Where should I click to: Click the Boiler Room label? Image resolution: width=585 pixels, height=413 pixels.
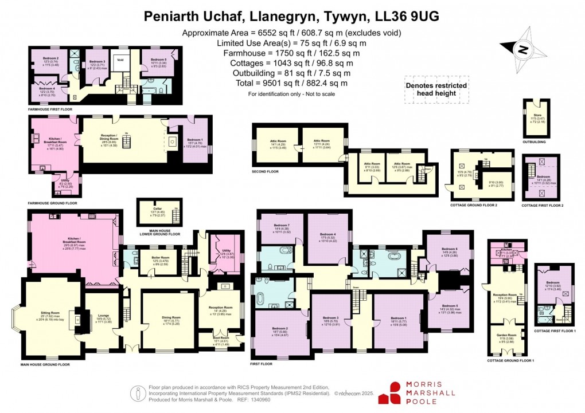coord(152,259)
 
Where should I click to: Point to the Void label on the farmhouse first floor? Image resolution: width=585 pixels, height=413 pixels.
coord(120,59)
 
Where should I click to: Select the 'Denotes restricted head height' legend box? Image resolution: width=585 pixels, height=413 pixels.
coord(436,89)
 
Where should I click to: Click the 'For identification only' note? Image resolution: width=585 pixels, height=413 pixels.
coord(291,93)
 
